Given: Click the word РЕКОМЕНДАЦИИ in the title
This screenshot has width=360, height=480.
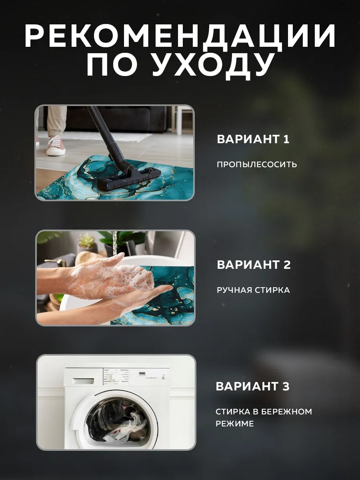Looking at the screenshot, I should point(180,37).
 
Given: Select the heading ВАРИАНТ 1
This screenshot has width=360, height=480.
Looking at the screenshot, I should point(253,140).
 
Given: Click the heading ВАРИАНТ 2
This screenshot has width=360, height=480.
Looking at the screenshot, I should point(254,265).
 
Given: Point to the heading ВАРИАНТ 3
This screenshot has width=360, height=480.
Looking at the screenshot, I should point(252,387).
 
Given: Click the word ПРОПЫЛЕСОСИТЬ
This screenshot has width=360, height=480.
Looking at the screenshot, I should point(257,164).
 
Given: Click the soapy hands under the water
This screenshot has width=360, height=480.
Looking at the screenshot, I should point(116,280).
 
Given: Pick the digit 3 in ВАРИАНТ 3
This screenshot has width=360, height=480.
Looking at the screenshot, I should point(285,387).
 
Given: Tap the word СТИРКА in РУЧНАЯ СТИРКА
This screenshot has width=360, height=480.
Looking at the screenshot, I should point(273,290).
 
